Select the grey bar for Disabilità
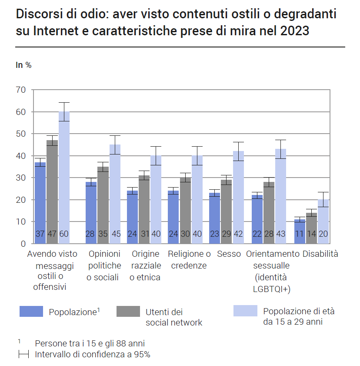coord(311,228)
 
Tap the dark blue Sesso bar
coord(215,218)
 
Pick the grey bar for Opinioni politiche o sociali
coord(103,205)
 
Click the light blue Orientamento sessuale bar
coord(280,196)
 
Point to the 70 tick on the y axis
coord(21,90)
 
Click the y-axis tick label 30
coord(21,178)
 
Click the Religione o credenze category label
coord(189,259)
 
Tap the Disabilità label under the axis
coord(320,254)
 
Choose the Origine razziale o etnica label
coord(145,265)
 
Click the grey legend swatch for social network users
coord(128,312)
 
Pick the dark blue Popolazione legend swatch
coord(31,312)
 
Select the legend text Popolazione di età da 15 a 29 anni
coord(299,317)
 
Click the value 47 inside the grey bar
coord(52,234)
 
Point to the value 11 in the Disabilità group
coord(300,234)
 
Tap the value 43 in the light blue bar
coord(280,234)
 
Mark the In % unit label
coord(23,65)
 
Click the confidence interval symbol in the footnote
coord(23,355)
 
